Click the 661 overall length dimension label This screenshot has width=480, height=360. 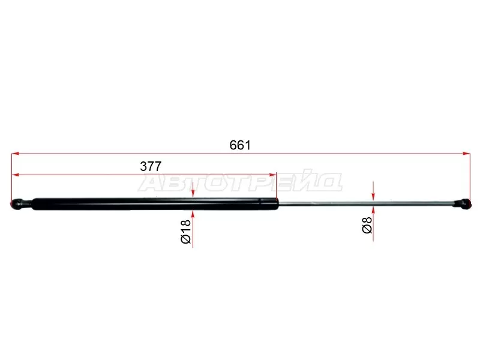tap(240, 145)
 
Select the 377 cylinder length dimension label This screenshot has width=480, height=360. tap(151, 167)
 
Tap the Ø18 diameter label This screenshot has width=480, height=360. tap(186, 232)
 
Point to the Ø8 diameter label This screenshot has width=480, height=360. tap(367, 224)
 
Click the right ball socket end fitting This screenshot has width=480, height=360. tap(462, 204)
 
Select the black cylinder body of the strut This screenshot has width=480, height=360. tap(155, 204)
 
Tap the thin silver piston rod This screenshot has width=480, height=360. tap(366, 203)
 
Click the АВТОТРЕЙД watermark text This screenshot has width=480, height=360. tap(240, 182)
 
